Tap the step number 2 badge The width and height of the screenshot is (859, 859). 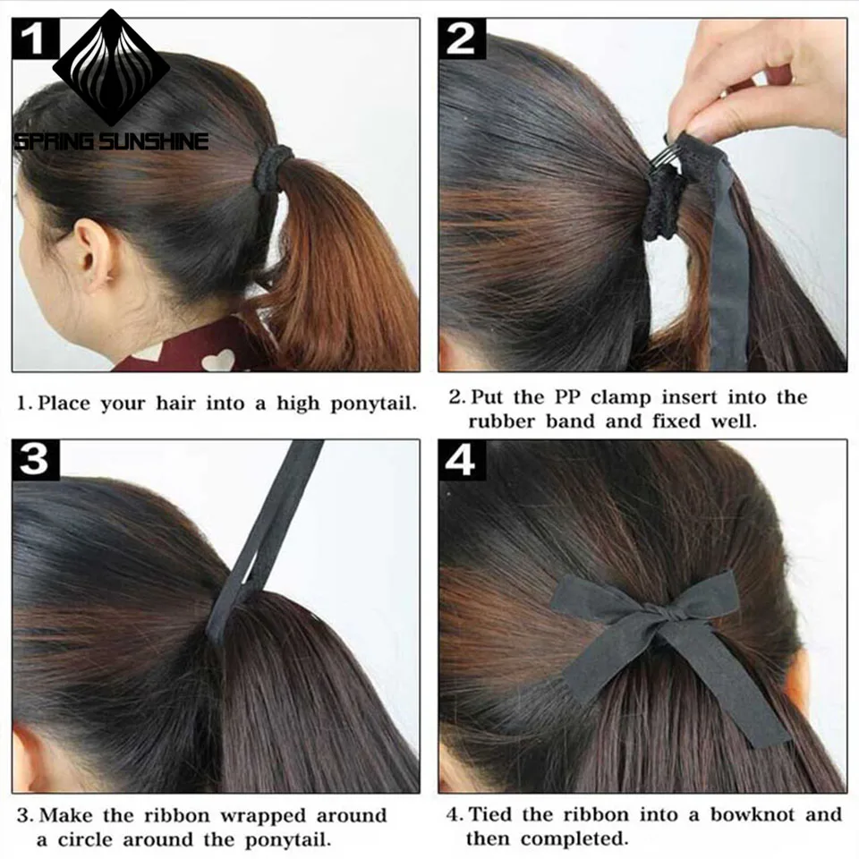tap(462, 38)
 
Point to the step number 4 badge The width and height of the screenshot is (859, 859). tap(462, 460)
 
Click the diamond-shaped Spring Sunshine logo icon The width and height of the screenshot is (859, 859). tap(111, 67)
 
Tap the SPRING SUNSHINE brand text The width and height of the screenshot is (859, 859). tap(111, 141)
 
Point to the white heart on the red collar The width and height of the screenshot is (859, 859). tap(217, 360)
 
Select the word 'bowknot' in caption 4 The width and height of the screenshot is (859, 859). tap(750, 815)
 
